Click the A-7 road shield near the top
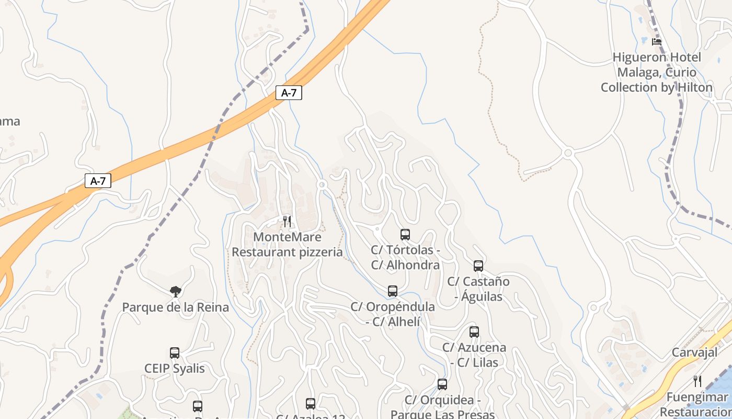(x=289, y=93)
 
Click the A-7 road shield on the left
(x=98, y=181)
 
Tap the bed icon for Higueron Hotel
(x=657, y=42)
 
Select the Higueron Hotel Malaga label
(x=657, y=72)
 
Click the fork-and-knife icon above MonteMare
(x=287, y=222)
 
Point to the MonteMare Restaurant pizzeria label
(x=287, y=245)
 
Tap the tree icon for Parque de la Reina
(x=176, y=292)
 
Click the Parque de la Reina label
(x=176, y=307)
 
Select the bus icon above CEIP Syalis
(x=175, y=353)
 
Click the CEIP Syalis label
(x=175, y=369)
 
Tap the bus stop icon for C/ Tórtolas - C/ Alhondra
(x=405, y=235)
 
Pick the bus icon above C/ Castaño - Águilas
(x=478, y=266)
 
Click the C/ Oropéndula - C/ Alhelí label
(x=393, y=314)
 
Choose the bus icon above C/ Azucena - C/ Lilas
(x=474, y=332)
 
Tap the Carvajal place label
(x=694, y=352)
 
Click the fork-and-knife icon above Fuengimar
(x=697, y=381)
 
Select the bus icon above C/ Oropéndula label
(x=393, y=291)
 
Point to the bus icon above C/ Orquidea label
(x=442, y=384)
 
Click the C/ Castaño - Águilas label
(x=478, y=289)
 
